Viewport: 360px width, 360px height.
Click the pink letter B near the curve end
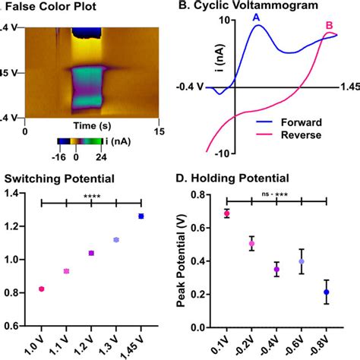329,25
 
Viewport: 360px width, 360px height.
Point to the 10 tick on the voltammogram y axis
224,21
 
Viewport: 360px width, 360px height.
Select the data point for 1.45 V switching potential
141,216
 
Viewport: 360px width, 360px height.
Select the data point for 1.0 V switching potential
41,289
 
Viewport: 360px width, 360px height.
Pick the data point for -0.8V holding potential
326,292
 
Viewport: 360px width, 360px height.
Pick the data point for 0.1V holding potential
226,213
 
